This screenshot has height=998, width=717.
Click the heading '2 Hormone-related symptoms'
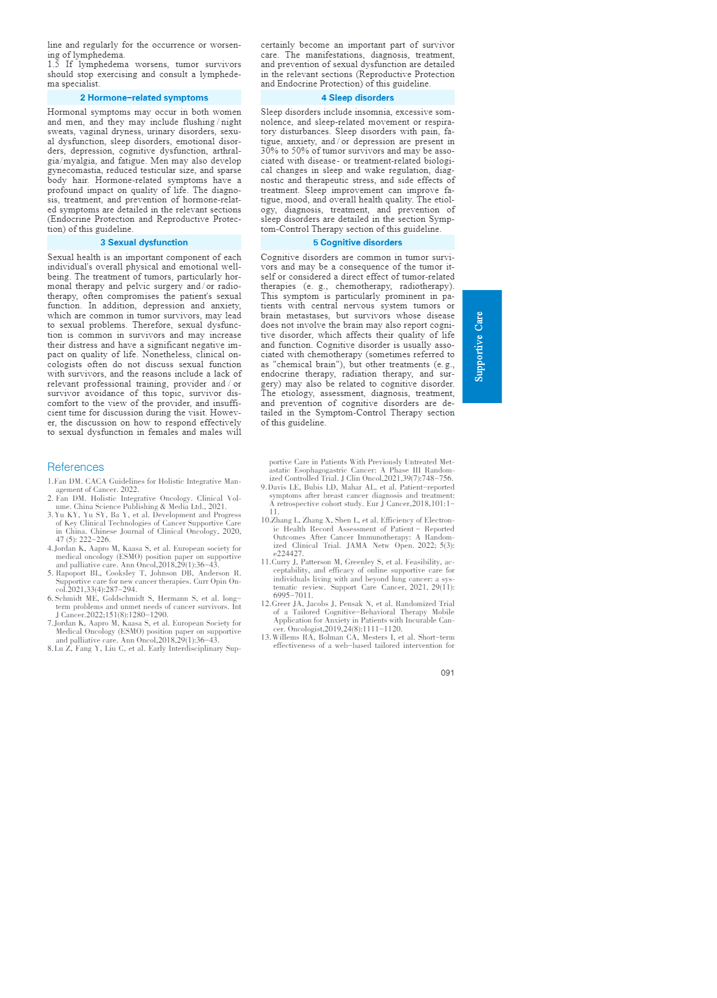coord(144,98)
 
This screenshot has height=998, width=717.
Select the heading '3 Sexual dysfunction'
coord(144,242)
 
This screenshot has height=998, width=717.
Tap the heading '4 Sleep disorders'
coord(357,98)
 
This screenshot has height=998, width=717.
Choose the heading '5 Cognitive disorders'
coord(357,242)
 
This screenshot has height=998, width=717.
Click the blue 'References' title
coord(75,467)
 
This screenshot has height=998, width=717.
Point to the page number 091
coord(447,673)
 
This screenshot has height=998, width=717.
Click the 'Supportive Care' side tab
coord(482,347)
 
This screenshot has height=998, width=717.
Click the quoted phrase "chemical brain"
coord(304,364)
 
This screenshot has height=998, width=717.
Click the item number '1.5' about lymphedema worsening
coord(54,65)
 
